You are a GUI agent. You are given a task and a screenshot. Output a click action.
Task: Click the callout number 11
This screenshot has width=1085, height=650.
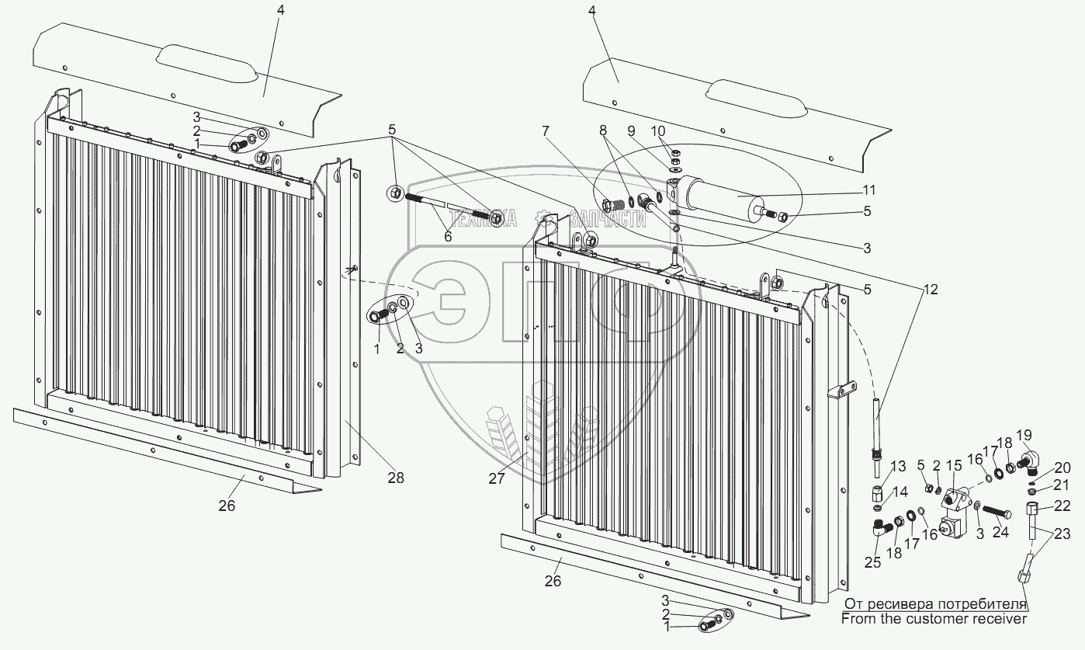pos(868,190)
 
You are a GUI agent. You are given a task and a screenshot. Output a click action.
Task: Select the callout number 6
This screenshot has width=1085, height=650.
pos(448,236)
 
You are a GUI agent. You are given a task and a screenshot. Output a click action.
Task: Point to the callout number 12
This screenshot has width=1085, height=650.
pos(930,290)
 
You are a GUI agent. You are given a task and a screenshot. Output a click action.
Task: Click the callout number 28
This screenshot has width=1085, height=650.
pos(396,478)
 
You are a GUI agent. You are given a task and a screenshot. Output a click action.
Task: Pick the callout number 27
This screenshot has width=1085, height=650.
pos(497,479)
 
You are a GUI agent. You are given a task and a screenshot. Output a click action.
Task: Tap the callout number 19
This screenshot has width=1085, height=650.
pos(1024,434)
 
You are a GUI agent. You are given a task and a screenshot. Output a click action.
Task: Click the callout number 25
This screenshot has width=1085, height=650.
pos(873,562)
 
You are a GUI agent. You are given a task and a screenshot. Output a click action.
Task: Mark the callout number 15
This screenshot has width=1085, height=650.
pos(953,466)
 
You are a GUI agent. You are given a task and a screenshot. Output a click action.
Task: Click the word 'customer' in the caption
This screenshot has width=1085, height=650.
pos(941,619)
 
